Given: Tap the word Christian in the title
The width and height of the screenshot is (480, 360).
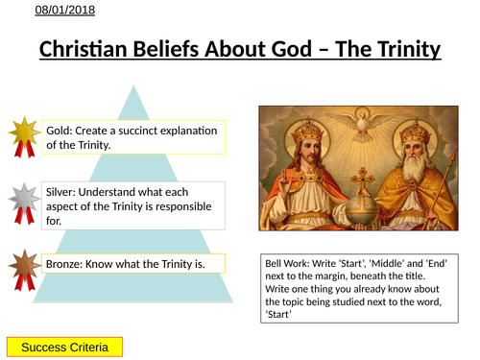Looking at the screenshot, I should coord(86,48).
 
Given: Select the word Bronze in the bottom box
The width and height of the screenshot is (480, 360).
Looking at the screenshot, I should coord(67,262).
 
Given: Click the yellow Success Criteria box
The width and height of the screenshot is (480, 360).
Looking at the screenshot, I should coord(65,346).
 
